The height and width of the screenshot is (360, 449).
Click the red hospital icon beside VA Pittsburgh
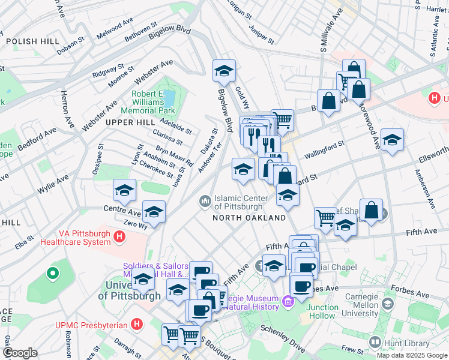(119, 238)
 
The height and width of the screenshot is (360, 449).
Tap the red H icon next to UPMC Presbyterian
(137, 325)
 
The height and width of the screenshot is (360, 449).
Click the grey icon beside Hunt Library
(376, 342)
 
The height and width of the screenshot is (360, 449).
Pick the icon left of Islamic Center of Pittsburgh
(205, 199)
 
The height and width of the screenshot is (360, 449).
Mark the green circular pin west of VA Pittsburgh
(53, 274)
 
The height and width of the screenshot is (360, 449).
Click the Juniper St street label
(260, 35)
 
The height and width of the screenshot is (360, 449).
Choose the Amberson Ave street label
(424, 189)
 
